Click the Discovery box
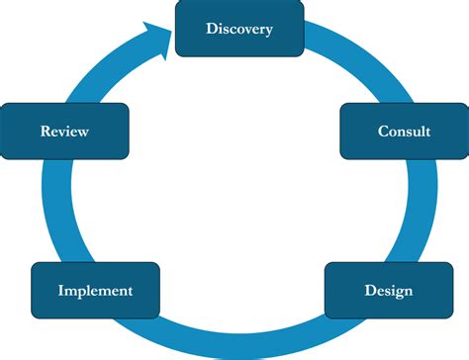point(238,28)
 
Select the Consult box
point(404,131)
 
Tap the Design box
point(388,291)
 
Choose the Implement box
point(95,291)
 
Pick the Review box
point(65,131)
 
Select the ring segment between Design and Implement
point(237,341)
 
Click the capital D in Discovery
point(212,28)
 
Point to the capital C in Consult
point(383,131)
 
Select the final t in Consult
point(427,131)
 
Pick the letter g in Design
point(398,293)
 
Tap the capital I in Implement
point(61,291)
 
